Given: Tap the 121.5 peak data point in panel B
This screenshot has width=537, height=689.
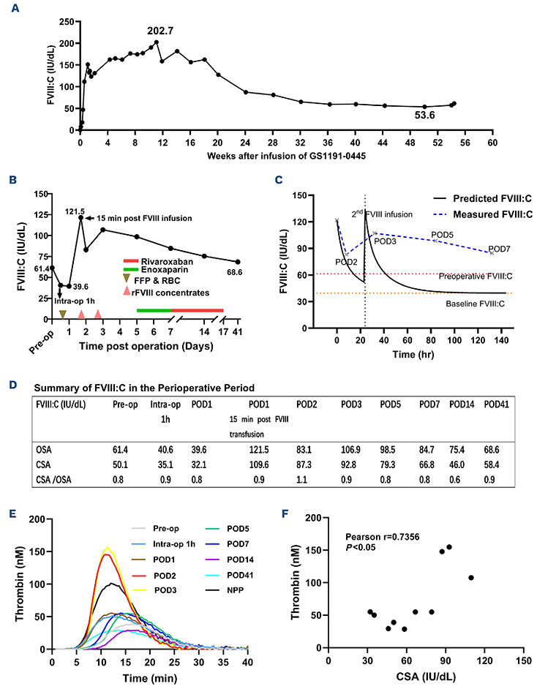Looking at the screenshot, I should coord(80,217).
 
